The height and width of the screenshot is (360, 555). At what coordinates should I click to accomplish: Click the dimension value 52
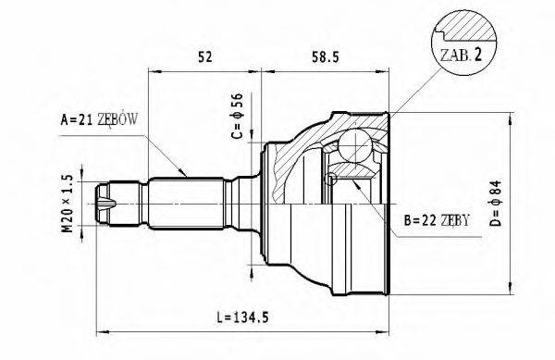(x=205, y=56)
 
